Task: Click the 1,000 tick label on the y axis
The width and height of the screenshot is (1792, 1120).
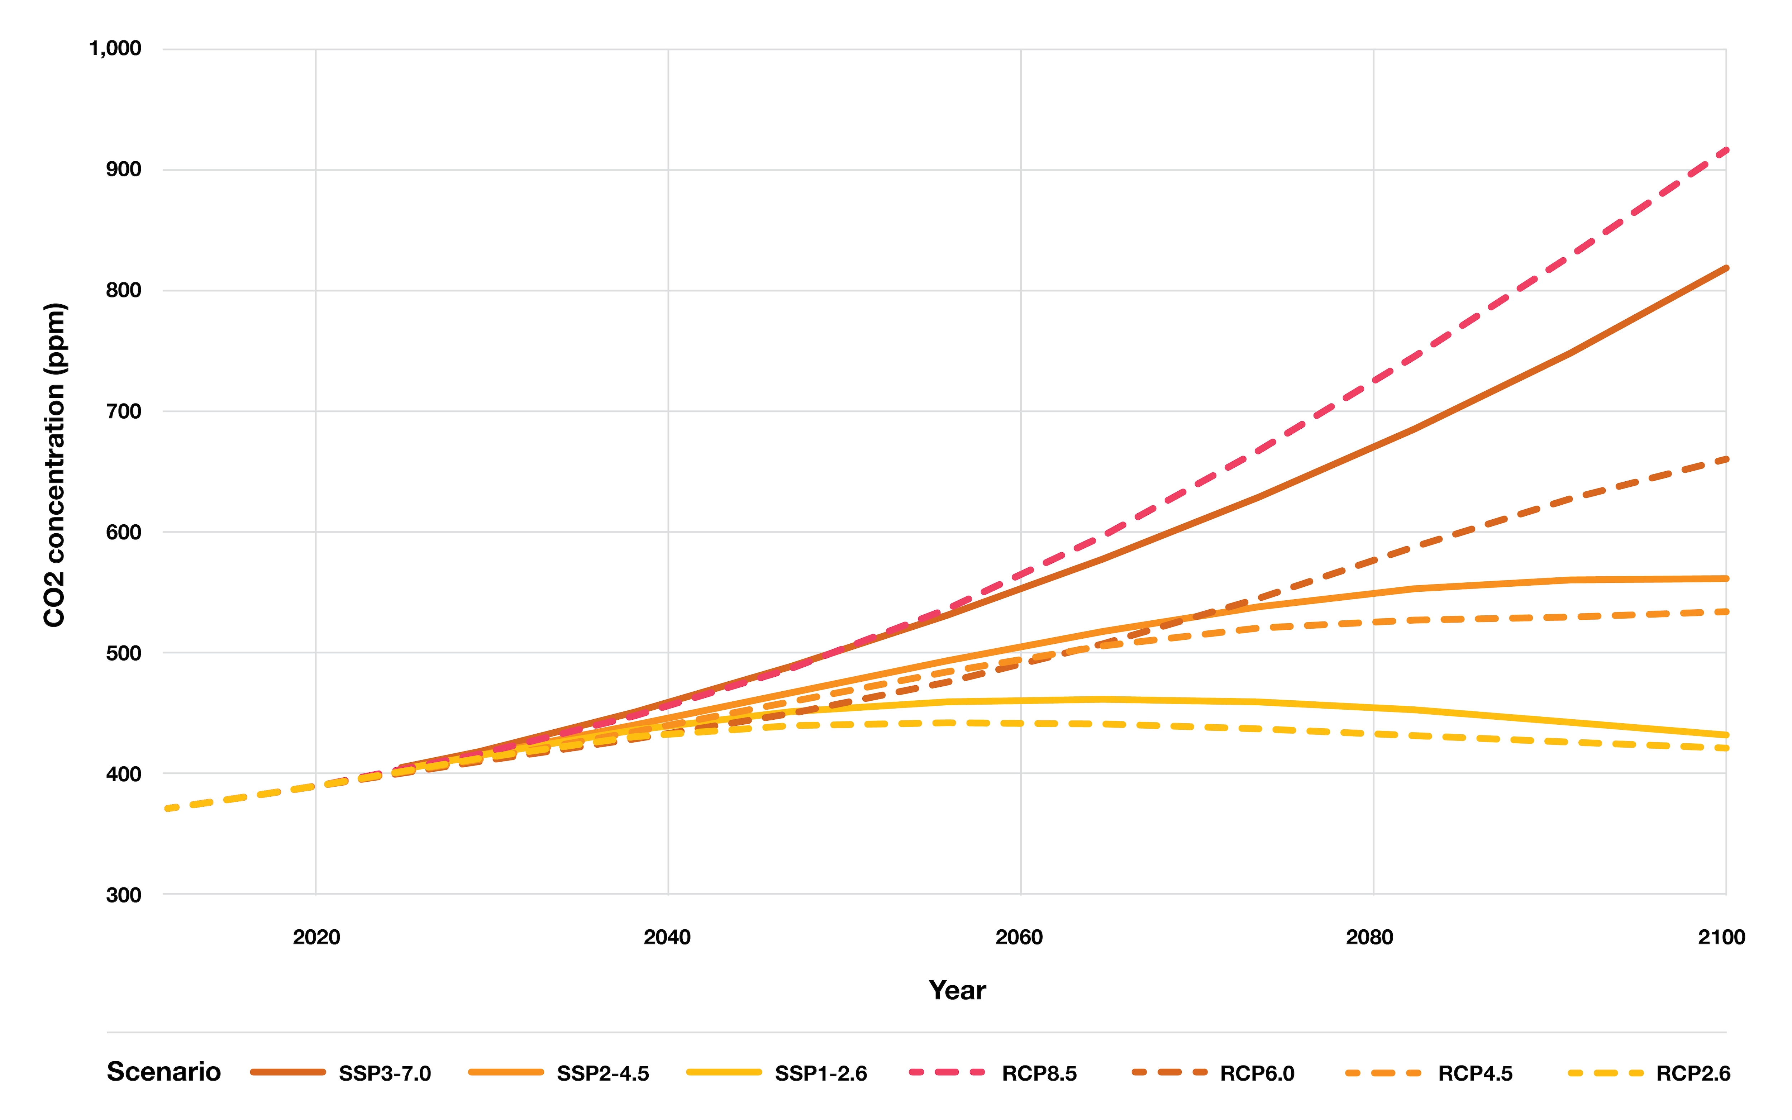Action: point(115,49)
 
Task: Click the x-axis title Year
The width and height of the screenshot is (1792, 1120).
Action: point(957,990)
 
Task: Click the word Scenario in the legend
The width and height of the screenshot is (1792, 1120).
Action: point(164,1072)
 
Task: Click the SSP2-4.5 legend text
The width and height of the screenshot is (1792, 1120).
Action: point(603,1073)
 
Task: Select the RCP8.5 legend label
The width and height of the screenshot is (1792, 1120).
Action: point(1039,1073)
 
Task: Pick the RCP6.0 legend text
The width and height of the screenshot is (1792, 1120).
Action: point(1257,1073)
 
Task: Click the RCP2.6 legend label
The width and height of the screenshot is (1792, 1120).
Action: point(1693,1073)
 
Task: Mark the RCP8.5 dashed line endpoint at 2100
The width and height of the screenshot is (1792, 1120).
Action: point(1725,151)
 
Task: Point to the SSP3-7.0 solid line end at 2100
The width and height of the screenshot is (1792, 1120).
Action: point(1725,268)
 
